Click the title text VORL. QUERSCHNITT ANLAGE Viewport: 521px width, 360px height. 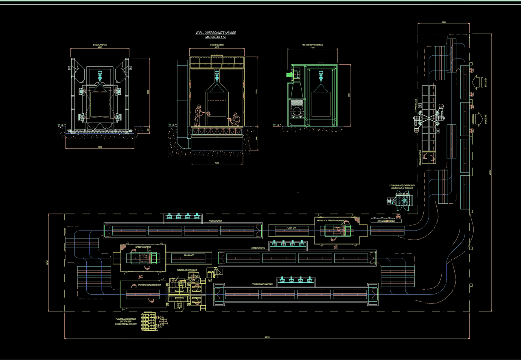[x=216, y=33]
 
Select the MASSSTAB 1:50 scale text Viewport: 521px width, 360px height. [x=216, y=37]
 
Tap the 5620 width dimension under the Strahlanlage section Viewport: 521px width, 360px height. [x=100, y=148]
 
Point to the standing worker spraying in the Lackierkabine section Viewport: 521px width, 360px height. [x=198, y=115]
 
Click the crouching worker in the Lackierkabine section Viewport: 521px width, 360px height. [x=236, y=119]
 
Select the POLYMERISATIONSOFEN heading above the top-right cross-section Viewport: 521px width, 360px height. [x=313, y=46]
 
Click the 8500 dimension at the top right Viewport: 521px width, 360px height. [x=444, y=22]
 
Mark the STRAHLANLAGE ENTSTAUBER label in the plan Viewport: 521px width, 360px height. [x=402, y=185]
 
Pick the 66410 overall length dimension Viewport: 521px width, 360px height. [x=267, y=337]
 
